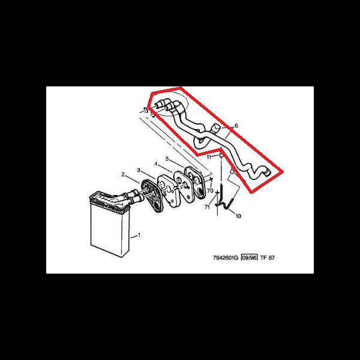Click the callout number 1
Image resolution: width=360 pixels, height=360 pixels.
point(139,235)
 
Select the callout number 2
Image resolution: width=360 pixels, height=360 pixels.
point(123,175)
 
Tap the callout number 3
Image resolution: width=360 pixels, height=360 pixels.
point(139,170)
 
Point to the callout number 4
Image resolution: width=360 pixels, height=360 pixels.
point(156,164)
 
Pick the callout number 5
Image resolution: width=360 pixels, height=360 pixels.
point(167,158)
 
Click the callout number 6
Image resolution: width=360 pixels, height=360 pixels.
point(236,125)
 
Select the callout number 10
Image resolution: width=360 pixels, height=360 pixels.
point(238,216)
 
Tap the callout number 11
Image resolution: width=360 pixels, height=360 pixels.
point(209,157)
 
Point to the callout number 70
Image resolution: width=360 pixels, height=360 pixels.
point(210,191)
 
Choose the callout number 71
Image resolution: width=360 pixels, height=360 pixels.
point(207,207)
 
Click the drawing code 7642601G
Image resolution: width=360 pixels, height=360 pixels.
point(226,257)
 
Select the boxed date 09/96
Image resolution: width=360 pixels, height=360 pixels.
point(249,257)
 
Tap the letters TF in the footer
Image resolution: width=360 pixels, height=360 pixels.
point(263,257)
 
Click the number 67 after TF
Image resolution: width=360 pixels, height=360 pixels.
point(272,257)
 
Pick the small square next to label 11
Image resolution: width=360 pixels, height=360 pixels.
point(221,155)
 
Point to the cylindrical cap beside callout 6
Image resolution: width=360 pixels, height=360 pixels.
point(215,128)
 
